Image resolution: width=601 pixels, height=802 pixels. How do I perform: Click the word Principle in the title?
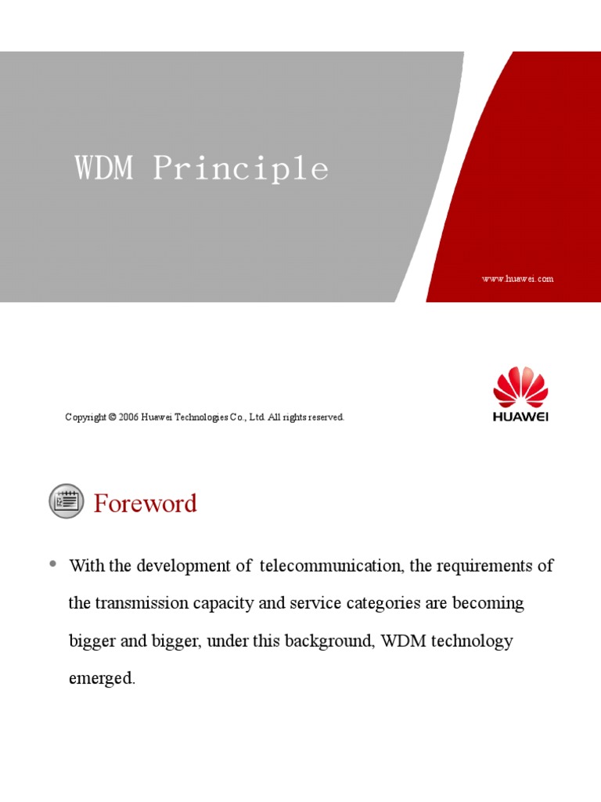point(240,169)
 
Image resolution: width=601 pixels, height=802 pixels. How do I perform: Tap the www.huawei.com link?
point(517,279)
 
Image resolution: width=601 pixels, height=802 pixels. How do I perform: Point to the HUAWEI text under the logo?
point(520,417)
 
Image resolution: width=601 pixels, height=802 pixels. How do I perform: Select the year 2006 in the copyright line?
point(128,417)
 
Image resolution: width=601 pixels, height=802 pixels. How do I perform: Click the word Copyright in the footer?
point(85,417)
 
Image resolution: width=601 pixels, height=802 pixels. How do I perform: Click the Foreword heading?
point(146,503)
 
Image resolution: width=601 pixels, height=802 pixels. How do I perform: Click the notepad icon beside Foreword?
point(66,501)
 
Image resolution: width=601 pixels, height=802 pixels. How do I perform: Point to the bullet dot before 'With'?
point(53,564)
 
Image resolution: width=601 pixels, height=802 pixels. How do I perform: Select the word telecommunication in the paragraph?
point(331,565)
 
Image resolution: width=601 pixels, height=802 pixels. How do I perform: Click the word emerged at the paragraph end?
point(102,679)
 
